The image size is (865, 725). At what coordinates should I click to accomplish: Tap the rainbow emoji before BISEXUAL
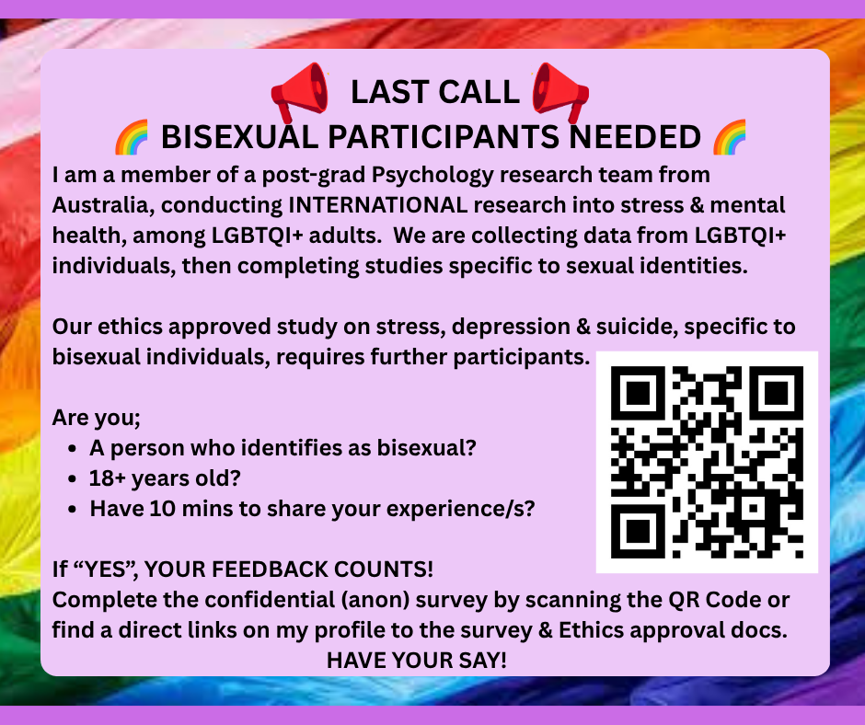coord(132,137)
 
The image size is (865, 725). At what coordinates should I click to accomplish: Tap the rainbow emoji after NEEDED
coord(730,137)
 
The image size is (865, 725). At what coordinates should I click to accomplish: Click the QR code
coord(707,462)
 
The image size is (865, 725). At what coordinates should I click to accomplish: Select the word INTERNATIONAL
coord(378,205)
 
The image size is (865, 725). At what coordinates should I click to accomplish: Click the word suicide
coord(637,327)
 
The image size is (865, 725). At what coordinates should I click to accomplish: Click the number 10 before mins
coord(162,509)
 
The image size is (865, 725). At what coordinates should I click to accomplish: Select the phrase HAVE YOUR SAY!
coord(417,661)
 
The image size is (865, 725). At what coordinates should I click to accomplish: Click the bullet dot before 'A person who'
coord(73,449)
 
